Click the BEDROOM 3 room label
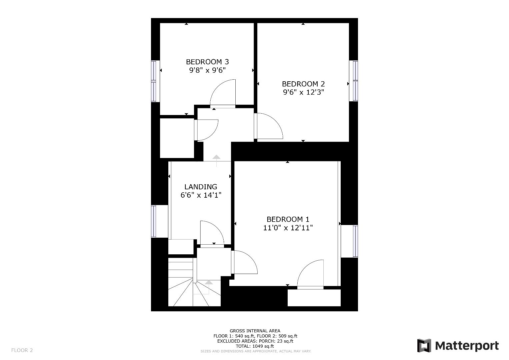pos(207,62)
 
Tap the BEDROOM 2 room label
pos(303,84)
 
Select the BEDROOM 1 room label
pos(288,219)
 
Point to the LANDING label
pos(201,187)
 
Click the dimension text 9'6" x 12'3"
pos(303,92)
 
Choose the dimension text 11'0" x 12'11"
pos(288,228)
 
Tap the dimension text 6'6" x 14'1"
pos(201,195)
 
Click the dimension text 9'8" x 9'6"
pos(207,70)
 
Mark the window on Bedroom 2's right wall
pos(355,81)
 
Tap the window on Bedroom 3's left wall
pos(154,81)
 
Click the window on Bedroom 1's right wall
pos(355,241)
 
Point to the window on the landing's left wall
pos(154,221)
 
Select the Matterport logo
pos(458,346)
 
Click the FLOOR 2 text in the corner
pos(22,350)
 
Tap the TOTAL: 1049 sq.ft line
pos(255,346)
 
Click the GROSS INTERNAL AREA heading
pos(255,331)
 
